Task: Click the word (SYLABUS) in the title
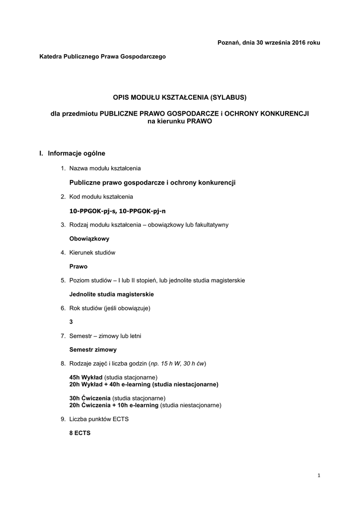coord(227,96)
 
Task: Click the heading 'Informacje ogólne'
coord(76,153)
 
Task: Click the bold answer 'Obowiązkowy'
coord(89,239)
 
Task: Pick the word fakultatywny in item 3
coord(211,225)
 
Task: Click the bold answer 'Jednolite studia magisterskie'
coord(111,294)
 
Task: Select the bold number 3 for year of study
coord(71,322)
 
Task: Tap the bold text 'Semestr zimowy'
coord(93,350)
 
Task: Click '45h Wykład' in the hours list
coord(86,378)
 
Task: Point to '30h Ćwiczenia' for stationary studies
coord(90,398)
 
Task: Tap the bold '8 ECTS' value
coord(80,433)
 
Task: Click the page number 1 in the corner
coord(319,476)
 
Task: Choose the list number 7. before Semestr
coord(63,336)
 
